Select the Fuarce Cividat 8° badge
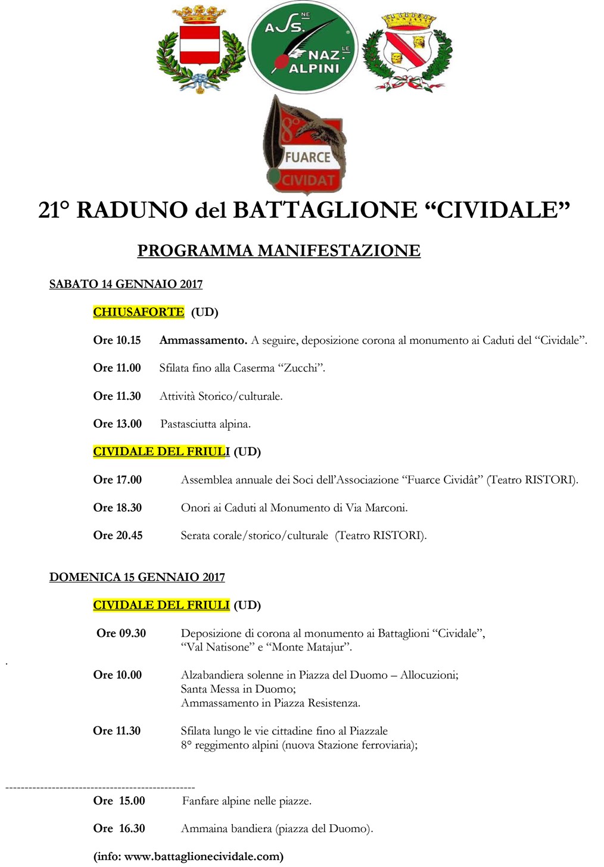pyautogui.click(x=305, y=146)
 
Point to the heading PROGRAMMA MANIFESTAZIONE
pyautogui.click(x=279, y=251)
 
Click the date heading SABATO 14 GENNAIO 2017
pyautogui.click(x=126, y=284)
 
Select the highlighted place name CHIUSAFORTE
pyautogui.click(x=139, y=312)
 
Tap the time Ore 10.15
pyautogui.click(x=117, y=340)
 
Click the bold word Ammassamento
pyautogui.click(x=203, y=340)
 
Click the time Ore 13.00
pyautogui.click(x=117, y=424)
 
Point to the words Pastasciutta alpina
pyautogui.click(x=206, y=424)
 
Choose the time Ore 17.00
pyautogui.click(x=117, y=480)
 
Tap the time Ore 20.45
pyautogui.click(x=118, y=535)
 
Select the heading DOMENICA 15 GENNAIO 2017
pyautogui.click(x=137, y=577)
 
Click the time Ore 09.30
pyautogui.click(x=121, y=633)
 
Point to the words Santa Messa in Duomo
pyautogui.click(x=238, y=689)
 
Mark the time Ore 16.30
pyautogui.click(x=119, y=828)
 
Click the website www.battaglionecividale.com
pyautogui.click(x=203, y=856)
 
